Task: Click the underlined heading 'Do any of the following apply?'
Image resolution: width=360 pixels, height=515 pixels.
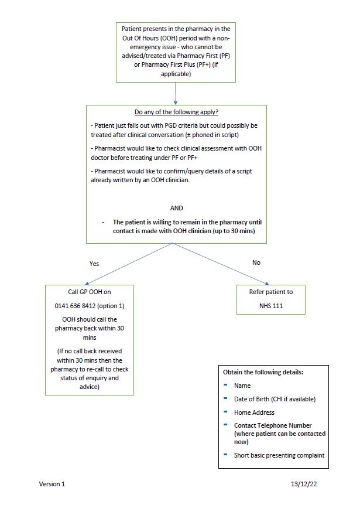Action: tap(176, 112)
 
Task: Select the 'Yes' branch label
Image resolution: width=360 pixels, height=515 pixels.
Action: tap(94, 264)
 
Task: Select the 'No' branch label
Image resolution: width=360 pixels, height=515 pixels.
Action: tap(256, 262)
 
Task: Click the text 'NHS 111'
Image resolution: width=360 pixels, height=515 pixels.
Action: tap(270, 305)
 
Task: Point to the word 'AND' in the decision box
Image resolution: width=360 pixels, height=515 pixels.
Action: tap(176, 208)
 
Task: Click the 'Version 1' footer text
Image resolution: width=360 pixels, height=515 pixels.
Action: tap(52, 484)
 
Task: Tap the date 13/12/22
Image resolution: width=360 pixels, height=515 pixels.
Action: tap(304, 484)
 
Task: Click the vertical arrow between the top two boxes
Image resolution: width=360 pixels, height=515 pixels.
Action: tap(176, 93)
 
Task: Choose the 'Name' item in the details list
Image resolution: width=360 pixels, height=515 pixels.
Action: tap(242, 386)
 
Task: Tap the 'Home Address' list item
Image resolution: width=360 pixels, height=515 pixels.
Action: tap(254, 412)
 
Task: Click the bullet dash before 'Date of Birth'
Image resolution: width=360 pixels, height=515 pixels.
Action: tap(226, 398)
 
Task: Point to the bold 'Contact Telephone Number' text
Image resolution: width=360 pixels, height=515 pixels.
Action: tap(273, 425)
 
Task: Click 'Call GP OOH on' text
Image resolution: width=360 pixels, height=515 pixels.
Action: tap(90, 292)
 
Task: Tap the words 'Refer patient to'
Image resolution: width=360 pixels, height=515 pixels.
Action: tap(270, 292)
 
